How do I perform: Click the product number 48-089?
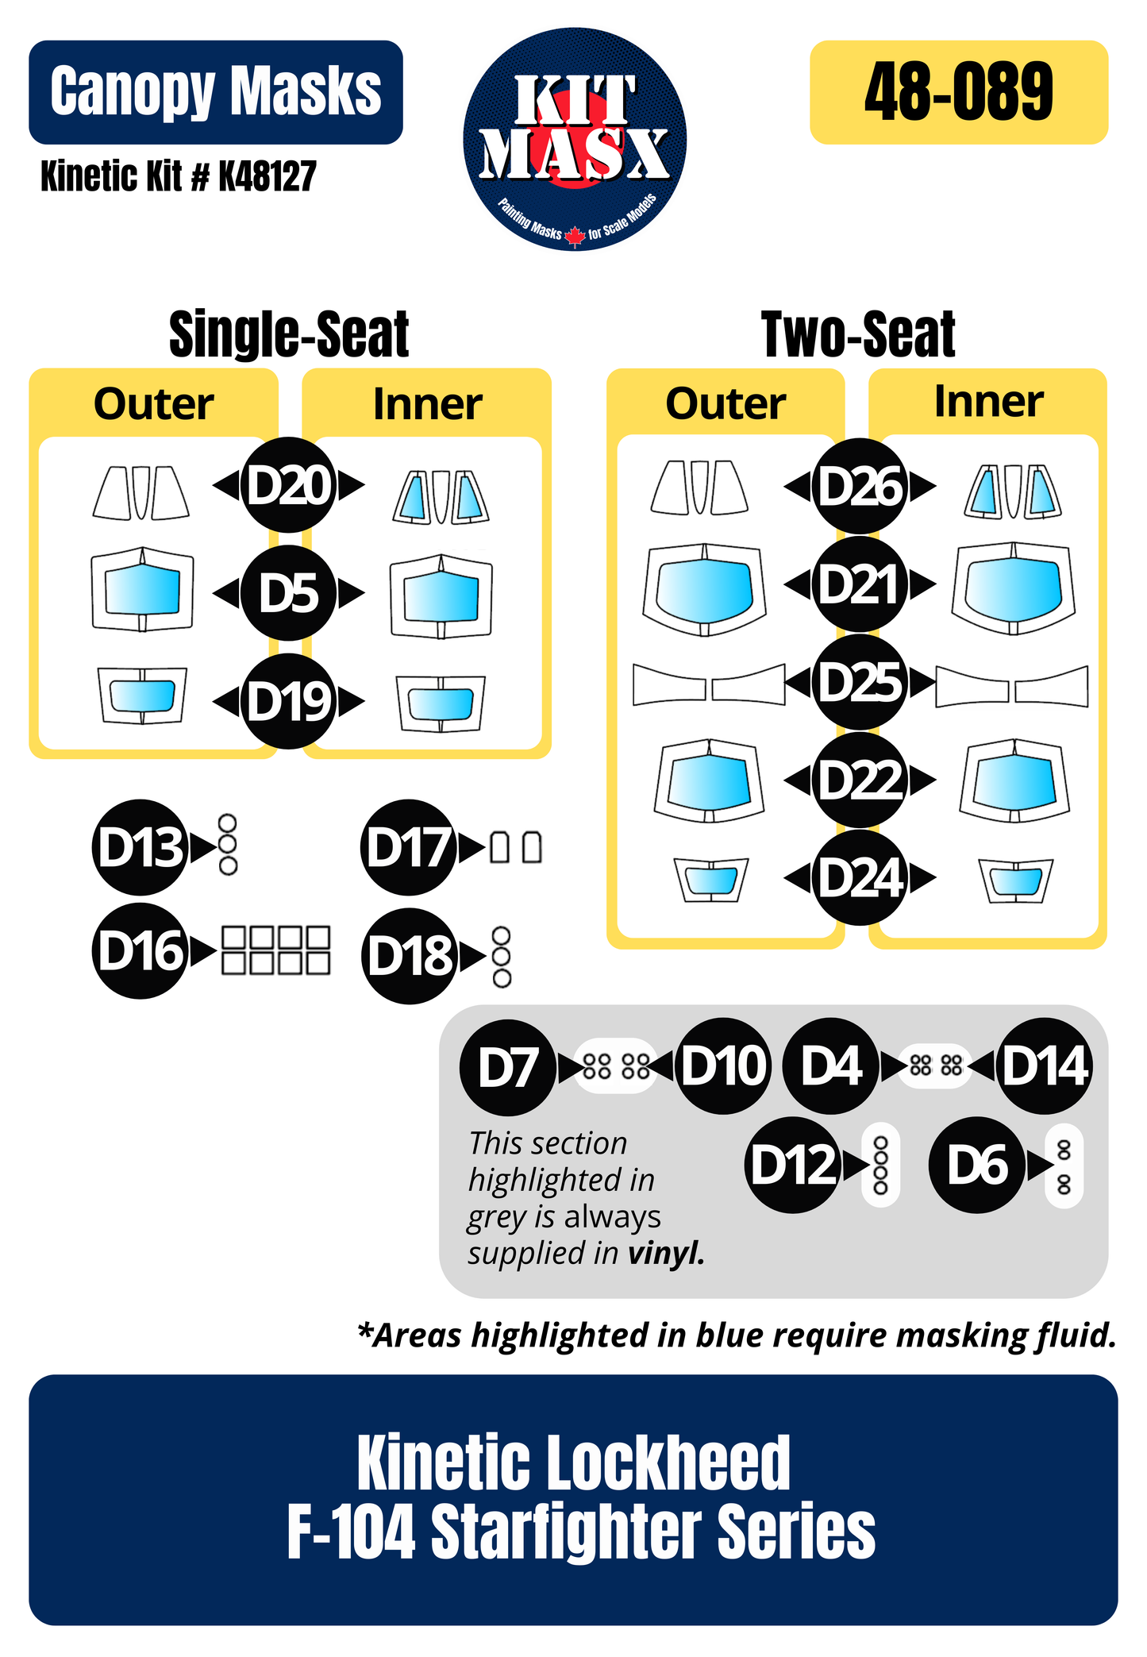point(958,92)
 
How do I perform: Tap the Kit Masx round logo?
point(575,140)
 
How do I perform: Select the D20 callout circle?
point(289,485)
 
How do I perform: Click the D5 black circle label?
point(289,592)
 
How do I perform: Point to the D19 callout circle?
point(289,700)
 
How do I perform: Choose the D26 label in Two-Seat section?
point(860,486)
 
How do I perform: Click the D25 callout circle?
point(860,681)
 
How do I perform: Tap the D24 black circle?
point(860,877)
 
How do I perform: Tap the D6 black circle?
point(977,1166)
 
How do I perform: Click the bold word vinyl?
point(665,1253)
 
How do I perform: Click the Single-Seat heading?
point(289,335)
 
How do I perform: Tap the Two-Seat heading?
point(858,335)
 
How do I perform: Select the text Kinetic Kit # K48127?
point(179,176)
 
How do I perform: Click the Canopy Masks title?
point(216,92)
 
